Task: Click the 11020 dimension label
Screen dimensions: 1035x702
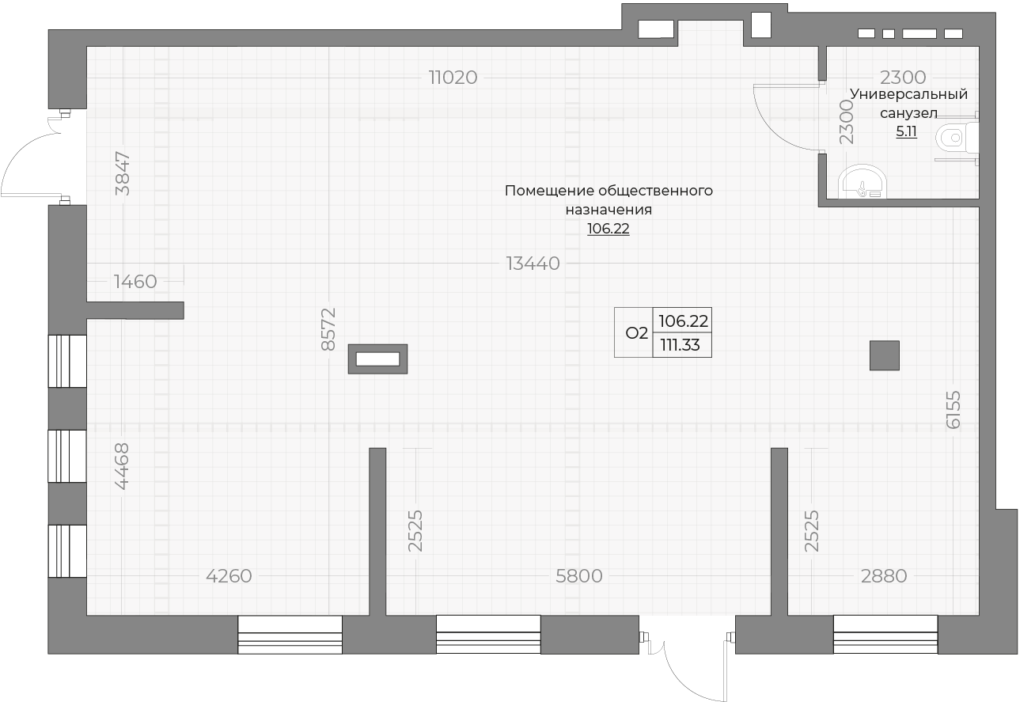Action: point(453,78)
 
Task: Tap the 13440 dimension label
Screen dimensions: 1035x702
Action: point(533,264)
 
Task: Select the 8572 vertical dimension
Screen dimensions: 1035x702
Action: point(329,329)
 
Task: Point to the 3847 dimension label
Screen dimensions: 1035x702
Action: point(123,173)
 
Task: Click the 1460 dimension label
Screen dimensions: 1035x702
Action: point(135,282)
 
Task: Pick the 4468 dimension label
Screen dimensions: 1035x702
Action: point(121,465)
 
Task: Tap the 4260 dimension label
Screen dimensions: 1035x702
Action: point(229,576)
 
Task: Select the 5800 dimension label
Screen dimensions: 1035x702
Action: point(579,576)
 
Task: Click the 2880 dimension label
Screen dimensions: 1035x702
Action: point(883,576)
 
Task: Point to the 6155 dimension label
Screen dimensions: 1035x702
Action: point(953,409)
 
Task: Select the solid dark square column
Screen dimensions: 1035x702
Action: point(885,355)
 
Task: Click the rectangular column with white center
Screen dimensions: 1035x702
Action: point(378,359)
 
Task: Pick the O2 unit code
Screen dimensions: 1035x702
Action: point(636,333)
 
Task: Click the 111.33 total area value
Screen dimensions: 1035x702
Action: point(681,345)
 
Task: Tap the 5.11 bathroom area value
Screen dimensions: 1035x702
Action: point(906,132)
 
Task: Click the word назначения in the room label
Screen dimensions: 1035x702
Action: point(608,211)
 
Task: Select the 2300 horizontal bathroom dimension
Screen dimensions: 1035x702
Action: point(903,78)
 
